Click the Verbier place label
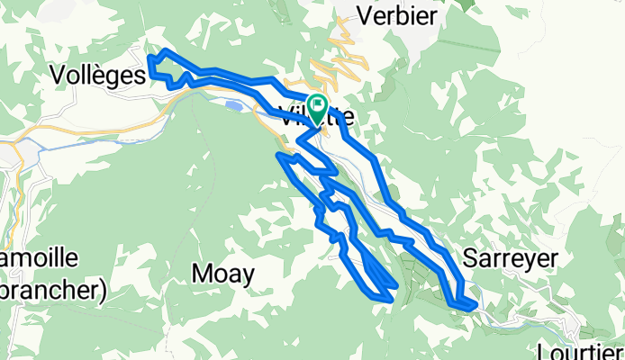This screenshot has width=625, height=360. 397,15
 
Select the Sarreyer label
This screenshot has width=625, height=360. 510,258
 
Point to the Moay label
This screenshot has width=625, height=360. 223,273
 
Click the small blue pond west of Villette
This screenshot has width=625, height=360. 231,106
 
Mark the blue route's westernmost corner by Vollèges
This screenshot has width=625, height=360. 149,59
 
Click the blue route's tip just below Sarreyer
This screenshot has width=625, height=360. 471,307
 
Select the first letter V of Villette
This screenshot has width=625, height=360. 286,116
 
